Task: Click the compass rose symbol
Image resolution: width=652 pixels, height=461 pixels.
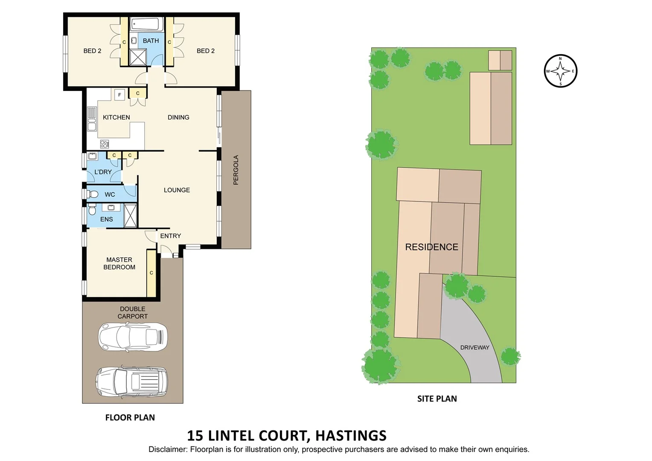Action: click(x=560, y=71)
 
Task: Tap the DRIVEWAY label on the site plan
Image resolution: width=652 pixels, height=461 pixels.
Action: click(x=474, y=347)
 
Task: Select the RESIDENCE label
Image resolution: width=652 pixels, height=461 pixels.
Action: click(x=431, y=247)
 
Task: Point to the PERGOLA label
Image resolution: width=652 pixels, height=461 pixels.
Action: click(x=236, y=170)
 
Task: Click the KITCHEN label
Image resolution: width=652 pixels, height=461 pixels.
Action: click(x=116, y=117)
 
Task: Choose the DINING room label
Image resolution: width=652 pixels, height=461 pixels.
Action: click(x=178, y=117)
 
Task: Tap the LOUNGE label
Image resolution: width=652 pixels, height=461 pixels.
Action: click(x=177, y=190)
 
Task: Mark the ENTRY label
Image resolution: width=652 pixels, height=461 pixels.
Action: click(x=170, y=236)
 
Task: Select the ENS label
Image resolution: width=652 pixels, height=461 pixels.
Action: click(x=106, y=219)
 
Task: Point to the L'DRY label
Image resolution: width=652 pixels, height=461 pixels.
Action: click(x=103, y=172)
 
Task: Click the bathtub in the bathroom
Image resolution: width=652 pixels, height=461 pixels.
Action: click(x=146, y=25)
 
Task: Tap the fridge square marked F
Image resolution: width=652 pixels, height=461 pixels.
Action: click(x=119, y=95)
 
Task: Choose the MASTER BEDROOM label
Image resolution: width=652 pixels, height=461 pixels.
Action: click(x=119, y=263)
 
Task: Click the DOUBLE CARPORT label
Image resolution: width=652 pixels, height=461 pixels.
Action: click(x=133, y=312)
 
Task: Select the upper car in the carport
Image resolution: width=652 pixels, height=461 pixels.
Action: click(x=133, y=336)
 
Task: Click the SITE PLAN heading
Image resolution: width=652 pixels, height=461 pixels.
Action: click(x=437, y=399)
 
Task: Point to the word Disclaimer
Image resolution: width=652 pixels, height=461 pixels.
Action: click(x=167, y=449)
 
